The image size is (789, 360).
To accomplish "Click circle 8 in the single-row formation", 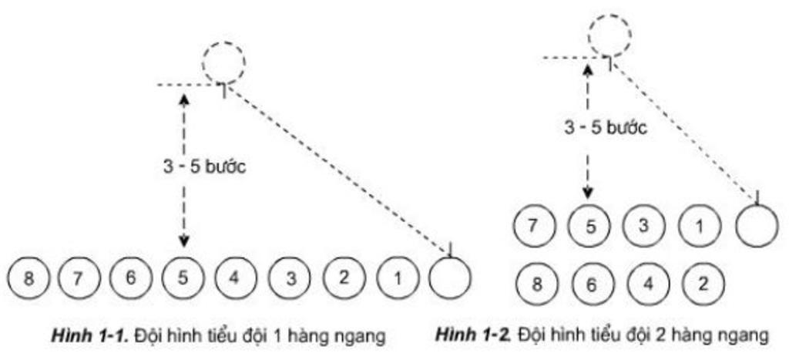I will (29, 278).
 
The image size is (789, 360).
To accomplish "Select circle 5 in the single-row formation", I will (183, 278).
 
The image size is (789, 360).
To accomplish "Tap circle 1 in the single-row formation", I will (396, 278).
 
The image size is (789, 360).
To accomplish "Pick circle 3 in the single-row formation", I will (290, 278).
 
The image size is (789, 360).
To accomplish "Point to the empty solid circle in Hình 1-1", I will (448, 277).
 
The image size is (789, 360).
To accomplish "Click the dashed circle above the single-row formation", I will (224, 62).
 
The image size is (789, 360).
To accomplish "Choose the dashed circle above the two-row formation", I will (609, 35).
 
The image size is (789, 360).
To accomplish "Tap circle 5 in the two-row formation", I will (589, 226).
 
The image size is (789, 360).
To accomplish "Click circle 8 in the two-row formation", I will (535, 283).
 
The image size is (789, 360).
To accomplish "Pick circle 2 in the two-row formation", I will (702, 283).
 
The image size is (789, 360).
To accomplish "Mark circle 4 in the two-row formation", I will (646, 283).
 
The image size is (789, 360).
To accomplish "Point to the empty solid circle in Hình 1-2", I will (757, 226).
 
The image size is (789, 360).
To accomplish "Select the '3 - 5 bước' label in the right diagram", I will (606, 128).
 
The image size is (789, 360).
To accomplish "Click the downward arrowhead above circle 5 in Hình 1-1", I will (183, 241).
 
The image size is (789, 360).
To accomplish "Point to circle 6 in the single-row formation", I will (130, 278).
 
